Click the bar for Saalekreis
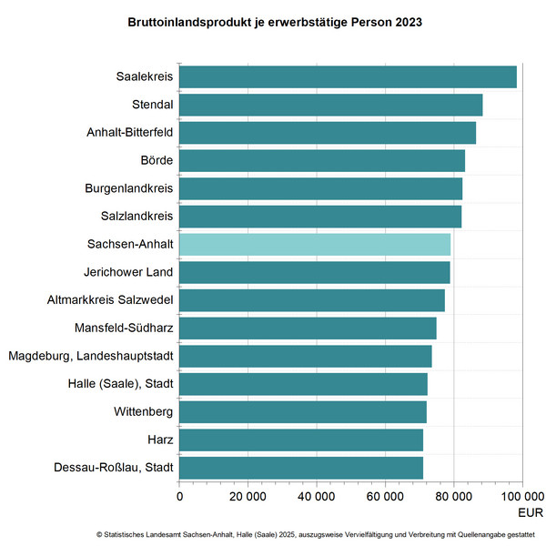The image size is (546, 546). coord(348,77)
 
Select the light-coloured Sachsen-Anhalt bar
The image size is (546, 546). coord(315,244)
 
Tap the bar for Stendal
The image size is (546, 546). coord(330,105)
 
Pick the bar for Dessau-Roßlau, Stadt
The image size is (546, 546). coord(301,468)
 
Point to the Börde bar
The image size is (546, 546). coord(322,160)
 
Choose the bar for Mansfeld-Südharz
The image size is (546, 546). coord(308,328)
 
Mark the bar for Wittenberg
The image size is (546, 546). coord(303,412)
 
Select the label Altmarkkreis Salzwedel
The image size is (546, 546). coord(110,300)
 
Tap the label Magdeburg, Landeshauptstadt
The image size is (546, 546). coord(91,356)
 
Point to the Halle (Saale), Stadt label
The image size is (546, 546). coord(120,384)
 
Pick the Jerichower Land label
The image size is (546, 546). coord(128,272)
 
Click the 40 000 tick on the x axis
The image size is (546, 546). coord(316,496)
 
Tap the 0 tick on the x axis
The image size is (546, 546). coord(179,496)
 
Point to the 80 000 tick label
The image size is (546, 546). coord(453,496)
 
